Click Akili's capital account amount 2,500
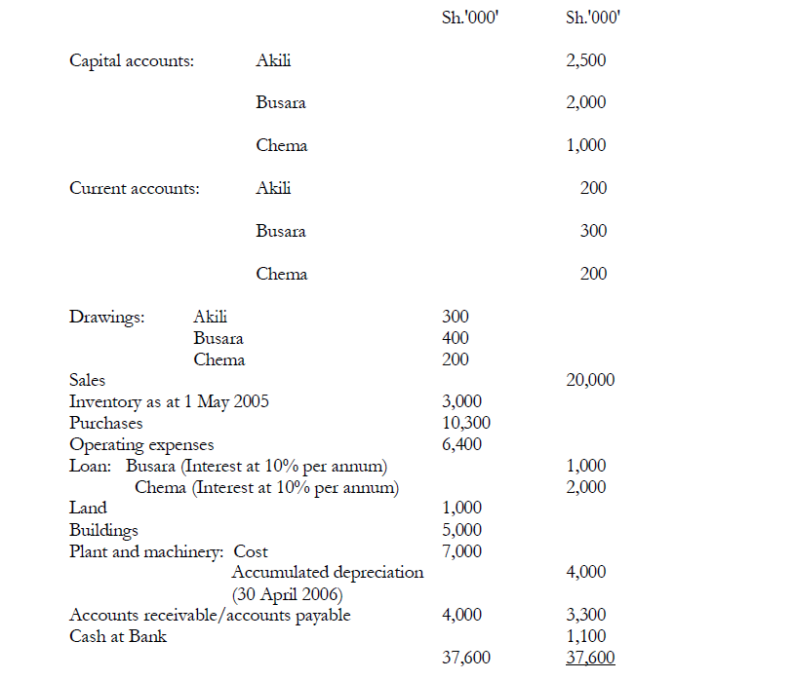[x=585, y=60]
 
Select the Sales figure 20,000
[x=590, y=380]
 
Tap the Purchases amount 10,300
[x=466, y=423]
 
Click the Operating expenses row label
[x=141, y=444]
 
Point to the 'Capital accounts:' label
[x=131, y=60]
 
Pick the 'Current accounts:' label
[x=135, y=188]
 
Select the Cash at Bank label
[x=118, y=636]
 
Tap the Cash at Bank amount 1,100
[x=585, y=636]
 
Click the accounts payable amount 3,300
[x=585, y=615]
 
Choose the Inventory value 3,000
[x=461, y=401]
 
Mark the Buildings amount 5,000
[x=461, y=530]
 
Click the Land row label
[x=88, y=508]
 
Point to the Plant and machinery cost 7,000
[x=461, y=551]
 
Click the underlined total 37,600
[x=590, y=659]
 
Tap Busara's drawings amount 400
[x=455, y=338]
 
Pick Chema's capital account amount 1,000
[x=585, y=145]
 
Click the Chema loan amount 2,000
[x=585, y=487]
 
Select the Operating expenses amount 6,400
[x=461, y=444]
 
